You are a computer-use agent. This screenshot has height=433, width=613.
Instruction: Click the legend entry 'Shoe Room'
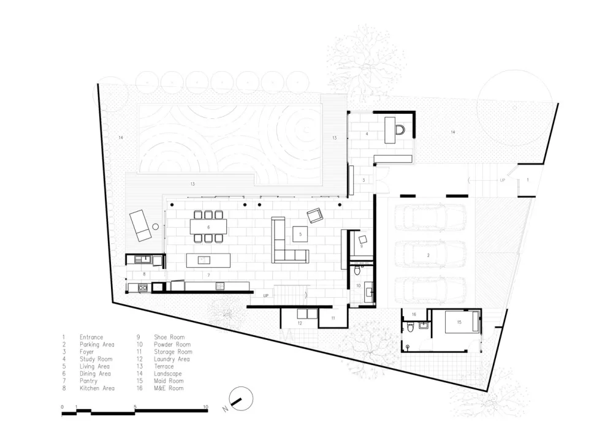coord(169,337)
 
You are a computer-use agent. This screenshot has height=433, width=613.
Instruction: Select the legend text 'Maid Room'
coord(169,381)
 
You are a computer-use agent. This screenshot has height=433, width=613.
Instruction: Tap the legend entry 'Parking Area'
coord(97,344)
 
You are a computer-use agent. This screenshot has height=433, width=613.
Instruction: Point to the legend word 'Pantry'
coord(88,381)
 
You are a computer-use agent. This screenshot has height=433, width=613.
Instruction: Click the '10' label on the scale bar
coord(205,407)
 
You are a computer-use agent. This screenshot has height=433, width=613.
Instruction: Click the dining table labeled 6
coord(208,227)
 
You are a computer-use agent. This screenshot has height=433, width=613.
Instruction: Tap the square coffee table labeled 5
coord(300,234)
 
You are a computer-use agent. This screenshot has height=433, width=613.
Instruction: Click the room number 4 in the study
coord(367,134)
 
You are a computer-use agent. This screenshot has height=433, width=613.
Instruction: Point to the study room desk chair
coord(400,129)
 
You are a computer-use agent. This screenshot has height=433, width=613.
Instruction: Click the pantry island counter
coord(208,260)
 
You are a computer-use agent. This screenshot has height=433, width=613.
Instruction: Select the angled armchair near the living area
coord(315,215)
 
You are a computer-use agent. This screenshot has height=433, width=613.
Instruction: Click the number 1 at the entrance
coord(528,180)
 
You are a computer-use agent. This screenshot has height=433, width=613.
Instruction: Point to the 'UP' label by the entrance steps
coord(503,180)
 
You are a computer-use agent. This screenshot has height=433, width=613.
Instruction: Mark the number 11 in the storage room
coord(333,318)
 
